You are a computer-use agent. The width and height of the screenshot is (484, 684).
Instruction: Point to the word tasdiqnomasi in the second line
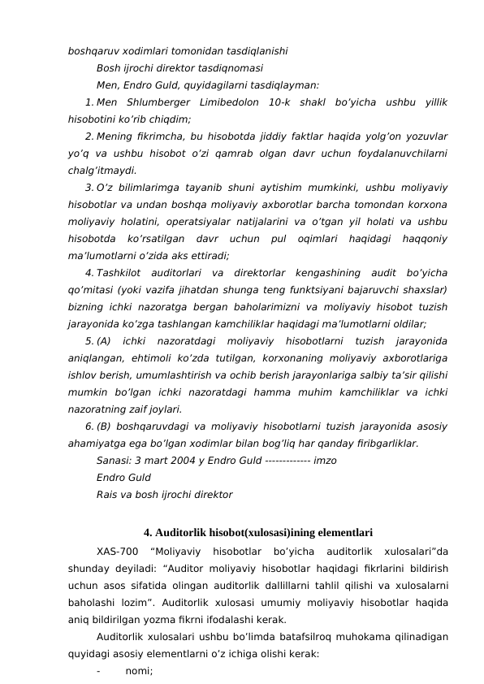(x=229, y=67)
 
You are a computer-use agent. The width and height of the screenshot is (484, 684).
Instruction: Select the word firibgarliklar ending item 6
(x=384, y=444)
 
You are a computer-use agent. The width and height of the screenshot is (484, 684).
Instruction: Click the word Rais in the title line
(x=107, y=495)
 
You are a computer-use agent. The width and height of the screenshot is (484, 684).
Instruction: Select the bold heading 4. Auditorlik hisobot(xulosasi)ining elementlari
(x=257, y=534)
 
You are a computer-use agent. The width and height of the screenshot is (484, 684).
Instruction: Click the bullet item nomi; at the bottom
(x=139, y=671)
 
